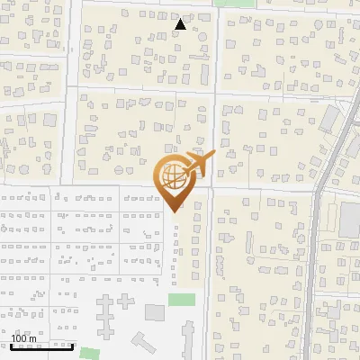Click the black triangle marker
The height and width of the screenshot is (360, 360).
181,24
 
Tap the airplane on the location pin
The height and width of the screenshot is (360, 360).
199,164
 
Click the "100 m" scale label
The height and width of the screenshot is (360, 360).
24,337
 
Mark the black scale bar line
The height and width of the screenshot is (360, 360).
41,346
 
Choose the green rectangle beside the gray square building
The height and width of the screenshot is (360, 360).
182,299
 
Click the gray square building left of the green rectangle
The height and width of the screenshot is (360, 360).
155,312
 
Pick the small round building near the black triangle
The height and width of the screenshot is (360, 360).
202,37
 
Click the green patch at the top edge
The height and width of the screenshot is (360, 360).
239,3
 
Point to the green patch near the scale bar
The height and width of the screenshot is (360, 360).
87,353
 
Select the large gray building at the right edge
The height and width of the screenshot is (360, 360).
350,221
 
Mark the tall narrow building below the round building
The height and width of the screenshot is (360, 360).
204,72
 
